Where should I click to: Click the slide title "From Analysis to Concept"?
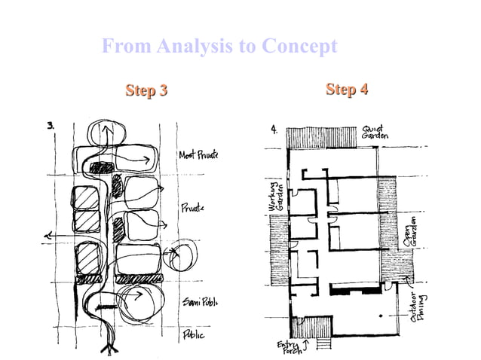coord(219,47)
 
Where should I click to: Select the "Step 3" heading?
coord(146,91)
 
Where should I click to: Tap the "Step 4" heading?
coord(347,90)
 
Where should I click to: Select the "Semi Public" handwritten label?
coord(199,302)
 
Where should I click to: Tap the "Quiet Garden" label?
coord(375,133)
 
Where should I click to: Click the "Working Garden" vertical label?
coord(274,197)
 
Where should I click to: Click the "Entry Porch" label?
coord(288,346)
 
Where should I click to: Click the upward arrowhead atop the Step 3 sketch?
coord(106,129)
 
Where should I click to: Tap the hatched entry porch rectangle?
coord(311,327)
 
